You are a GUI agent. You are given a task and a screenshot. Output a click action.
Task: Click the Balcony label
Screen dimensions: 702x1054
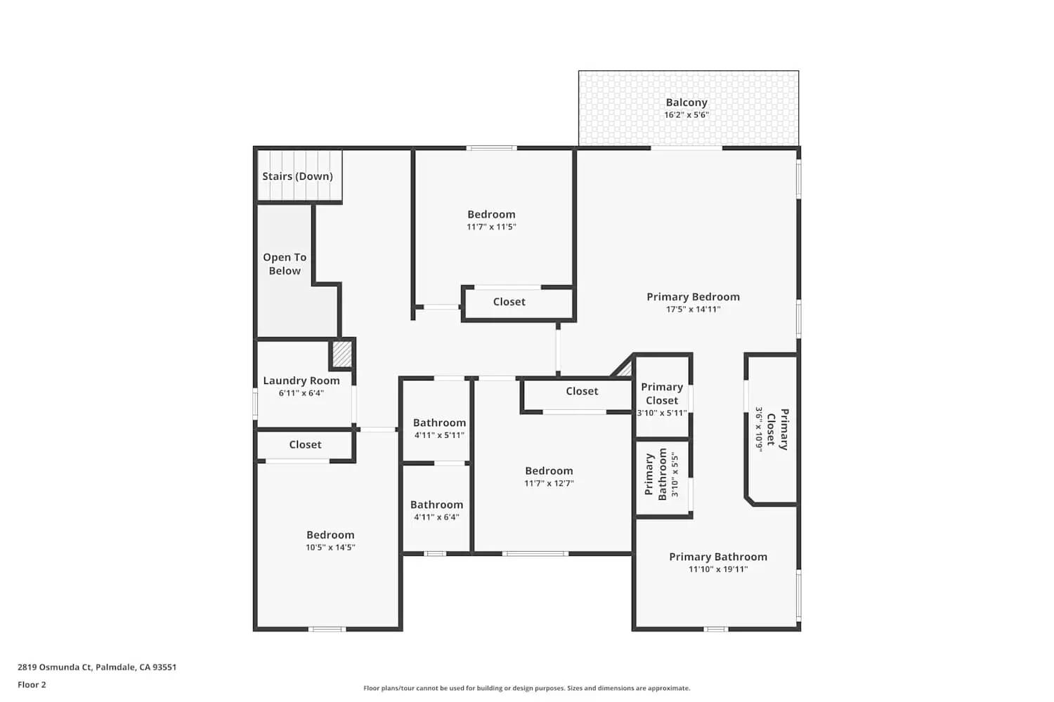pyautogui.click(x=687, y=102)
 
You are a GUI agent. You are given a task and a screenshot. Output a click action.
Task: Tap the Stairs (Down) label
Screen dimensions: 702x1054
pyautogui.click(x=297, y=176)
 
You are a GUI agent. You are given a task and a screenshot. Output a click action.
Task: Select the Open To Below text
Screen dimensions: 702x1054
pyautogui.click(x=285, y=264)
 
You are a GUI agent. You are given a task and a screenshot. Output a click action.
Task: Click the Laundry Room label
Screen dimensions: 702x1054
pyautogui.click(x=301, y=380)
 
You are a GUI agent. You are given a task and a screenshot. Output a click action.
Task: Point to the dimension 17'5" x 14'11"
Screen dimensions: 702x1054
pyautogui.click(x=693, y=310)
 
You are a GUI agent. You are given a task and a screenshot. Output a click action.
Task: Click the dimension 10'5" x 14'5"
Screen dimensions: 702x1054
pyautogui.click(x=330, y=548)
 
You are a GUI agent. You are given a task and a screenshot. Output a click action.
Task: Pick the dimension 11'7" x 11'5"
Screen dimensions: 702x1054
pyautogui.click(x=491, y=227)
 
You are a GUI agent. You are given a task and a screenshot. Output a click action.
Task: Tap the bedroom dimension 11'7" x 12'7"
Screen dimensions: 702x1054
pyautogui.click(x=549, y=483)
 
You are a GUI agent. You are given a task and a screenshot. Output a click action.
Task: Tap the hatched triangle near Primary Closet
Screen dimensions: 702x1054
pyautogui.click(x=624, y=368)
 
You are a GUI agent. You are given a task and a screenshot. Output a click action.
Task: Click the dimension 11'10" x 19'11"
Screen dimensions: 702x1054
pyautogui.click(x=718, y=569)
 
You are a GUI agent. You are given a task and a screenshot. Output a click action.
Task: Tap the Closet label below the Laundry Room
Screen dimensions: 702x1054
pyautogui.click(x=305, y=444)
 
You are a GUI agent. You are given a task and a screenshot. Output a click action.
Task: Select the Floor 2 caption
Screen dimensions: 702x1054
pyautogui.click(x=32, y=684)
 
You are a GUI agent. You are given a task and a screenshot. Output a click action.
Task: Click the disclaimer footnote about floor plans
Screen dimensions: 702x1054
pyautogui.click(x=526, y=688)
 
